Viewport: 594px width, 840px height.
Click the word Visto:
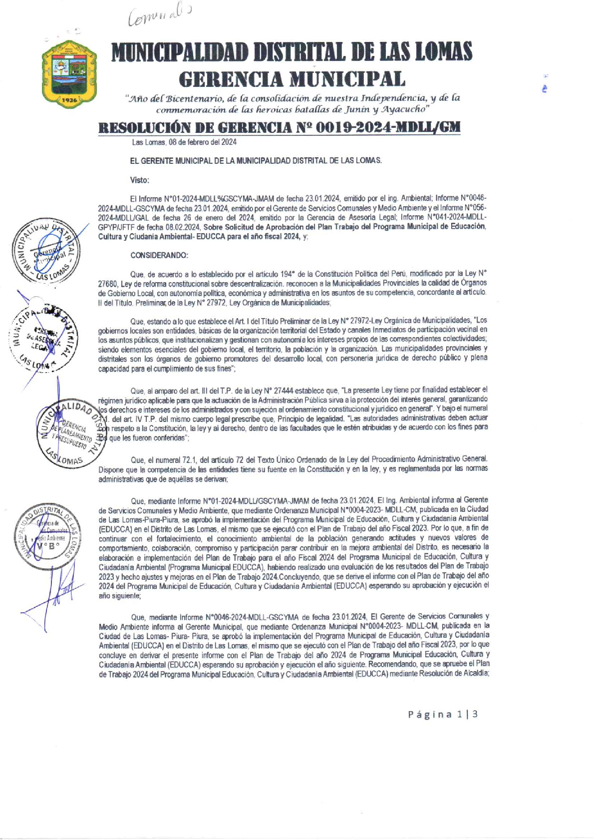[140, 180]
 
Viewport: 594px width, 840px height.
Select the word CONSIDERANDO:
[159, 255]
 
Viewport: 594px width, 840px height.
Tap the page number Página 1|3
[443, 714]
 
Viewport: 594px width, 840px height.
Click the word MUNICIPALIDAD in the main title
[180, 53]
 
